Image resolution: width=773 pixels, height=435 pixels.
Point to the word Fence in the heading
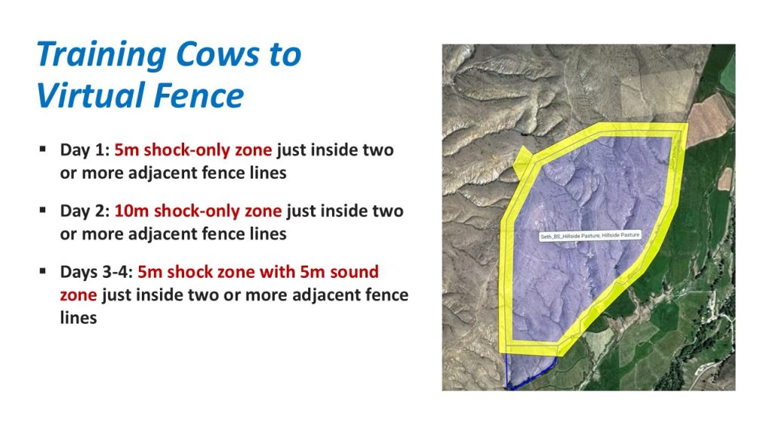[199, 96]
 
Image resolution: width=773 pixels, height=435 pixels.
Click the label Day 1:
[85, 150]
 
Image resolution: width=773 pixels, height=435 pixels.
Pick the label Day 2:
[85, 211]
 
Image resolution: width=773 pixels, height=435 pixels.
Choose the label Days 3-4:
[96, 272]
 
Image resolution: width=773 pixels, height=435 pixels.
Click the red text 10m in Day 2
[131, 211]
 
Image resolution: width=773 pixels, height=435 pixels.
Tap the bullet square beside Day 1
[43, 149]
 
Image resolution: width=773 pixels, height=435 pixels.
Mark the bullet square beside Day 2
[43, 210]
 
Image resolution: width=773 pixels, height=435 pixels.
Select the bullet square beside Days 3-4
[43, 271]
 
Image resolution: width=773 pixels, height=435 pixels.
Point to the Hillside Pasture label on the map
[590, 236]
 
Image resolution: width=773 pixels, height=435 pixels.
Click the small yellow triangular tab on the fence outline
[522, 162]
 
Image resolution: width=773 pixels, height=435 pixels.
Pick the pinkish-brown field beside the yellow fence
[709, 119]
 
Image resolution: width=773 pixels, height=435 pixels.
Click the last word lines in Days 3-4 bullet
[79, 318]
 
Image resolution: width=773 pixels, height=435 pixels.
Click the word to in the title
[285, 55]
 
